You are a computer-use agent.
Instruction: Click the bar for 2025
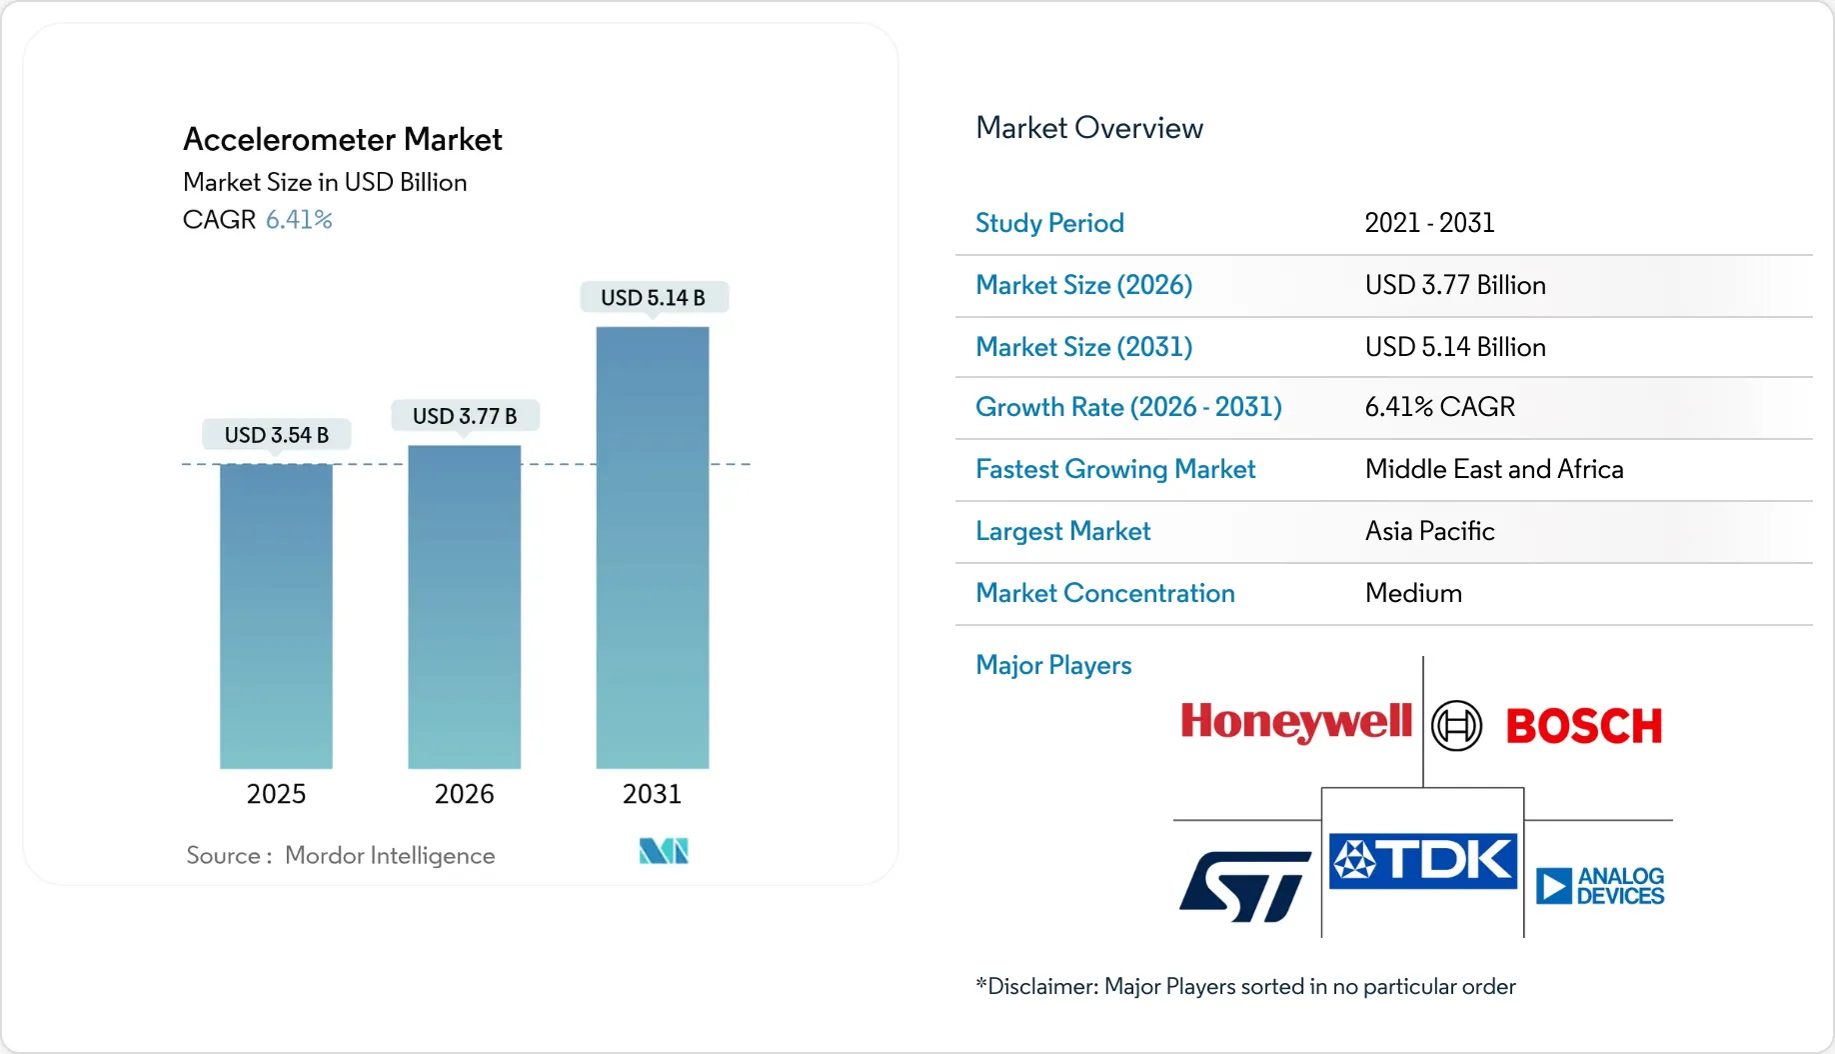(276, 615)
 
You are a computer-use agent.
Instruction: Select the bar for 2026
(464, 606)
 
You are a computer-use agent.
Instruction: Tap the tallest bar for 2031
(652, 547)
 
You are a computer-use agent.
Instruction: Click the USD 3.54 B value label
(276, 435)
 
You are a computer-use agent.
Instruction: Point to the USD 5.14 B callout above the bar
(653, 298)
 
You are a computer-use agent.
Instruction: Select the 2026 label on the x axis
(464, 794)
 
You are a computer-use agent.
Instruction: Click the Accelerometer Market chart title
(342, 139)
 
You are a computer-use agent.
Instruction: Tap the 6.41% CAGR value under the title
(299, 220)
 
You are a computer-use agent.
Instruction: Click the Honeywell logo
(1295, 722)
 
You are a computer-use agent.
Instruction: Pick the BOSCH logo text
(1583, 727)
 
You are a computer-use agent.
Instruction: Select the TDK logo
(1423, 861)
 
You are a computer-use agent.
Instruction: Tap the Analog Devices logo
(1599, 886)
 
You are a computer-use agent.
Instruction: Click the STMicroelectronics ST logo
(1244, 886)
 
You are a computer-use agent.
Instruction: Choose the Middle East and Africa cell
(1493, 469)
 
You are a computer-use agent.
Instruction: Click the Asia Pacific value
(1429, 531)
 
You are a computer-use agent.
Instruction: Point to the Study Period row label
(1049, 223)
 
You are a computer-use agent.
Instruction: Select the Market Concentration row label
(1104, 593)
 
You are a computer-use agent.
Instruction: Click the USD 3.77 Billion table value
(1454, 285)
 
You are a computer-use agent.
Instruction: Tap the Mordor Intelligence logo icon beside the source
(664, 851)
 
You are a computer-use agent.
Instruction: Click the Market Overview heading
(1088, 128)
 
